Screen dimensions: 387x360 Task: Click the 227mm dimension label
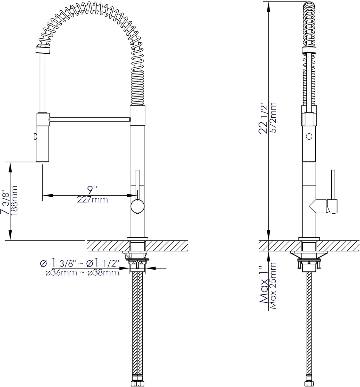[x=92, y=199]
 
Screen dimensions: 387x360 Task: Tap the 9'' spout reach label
[x=91, y=190]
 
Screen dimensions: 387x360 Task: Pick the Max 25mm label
[x=273, y=285]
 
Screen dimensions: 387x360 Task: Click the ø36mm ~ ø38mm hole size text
[x=82, y=273]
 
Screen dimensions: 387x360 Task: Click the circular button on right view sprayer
[x=309, y=136]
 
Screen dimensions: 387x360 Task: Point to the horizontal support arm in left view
[x=89, y=119]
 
